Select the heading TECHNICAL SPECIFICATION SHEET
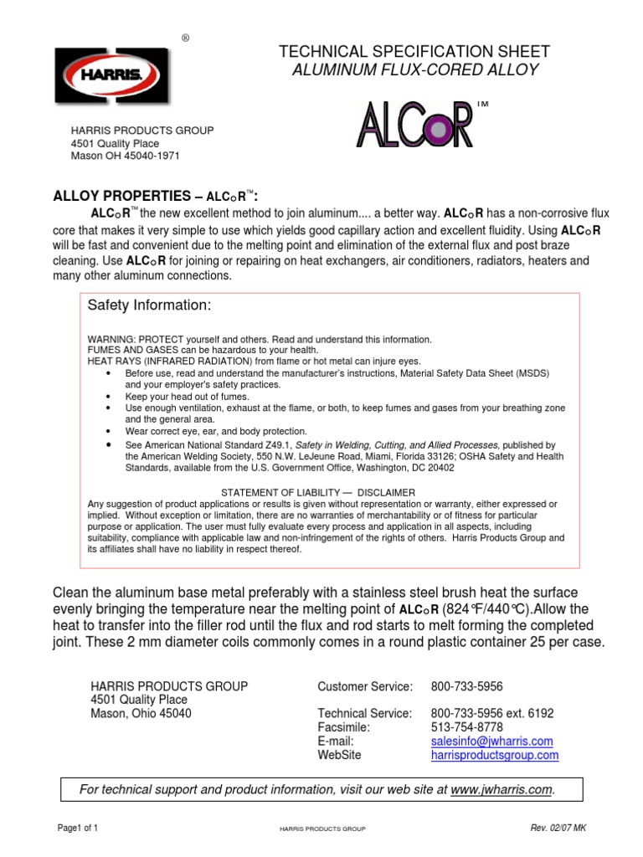414,52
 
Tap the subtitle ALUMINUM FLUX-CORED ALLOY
414,69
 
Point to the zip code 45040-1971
151,156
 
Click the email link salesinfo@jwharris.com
491,742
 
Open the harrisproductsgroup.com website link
494,756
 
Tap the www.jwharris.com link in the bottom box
502,789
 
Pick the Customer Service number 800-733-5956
466,686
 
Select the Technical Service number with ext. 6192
492,713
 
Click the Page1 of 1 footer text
78,829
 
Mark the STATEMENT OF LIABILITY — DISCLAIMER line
317,492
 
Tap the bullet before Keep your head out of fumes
110,396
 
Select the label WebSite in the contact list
340,756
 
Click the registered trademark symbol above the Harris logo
186,38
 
